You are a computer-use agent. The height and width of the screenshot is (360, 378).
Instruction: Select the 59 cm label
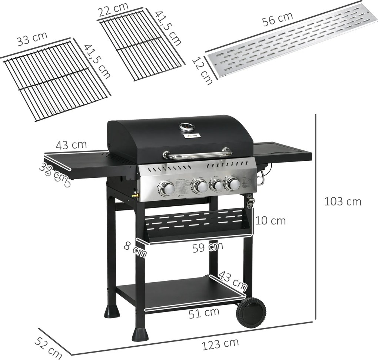[208, 247]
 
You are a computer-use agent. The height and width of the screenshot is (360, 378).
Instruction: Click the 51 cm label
[204, 313]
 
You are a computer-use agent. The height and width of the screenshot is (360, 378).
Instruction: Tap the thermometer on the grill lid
[186, 127]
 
